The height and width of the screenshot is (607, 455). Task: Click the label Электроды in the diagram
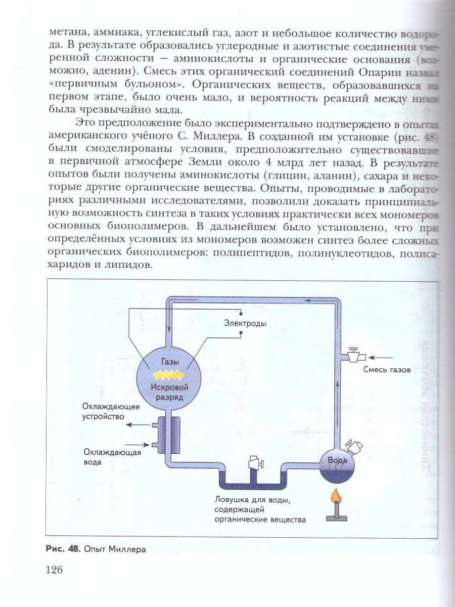(x=245, y=323)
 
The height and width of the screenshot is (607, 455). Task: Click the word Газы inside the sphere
(x=170, y=362)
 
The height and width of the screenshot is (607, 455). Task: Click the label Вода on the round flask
(x=338, y=460)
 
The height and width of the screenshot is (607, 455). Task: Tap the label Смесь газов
(x=387, y=369)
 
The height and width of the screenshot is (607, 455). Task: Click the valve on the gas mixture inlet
(x=353, y=354)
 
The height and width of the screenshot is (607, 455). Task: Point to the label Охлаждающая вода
(x=112, y=457)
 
